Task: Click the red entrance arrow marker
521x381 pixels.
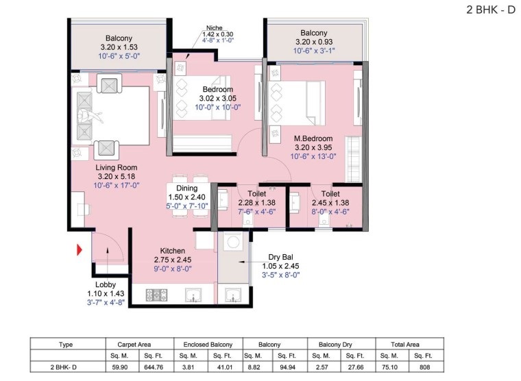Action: [x=79, y=250]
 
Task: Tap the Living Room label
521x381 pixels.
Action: [x=117, y=167]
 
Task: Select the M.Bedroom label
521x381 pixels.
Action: [x=313, y=138]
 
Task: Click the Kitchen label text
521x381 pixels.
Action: [x=173, y=251]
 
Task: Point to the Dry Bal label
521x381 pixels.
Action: [x=281, y=257]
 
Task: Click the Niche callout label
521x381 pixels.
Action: [x=215, y=28]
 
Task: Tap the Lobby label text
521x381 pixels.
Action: [x=106, y=284]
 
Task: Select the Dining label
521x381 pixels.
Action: [x=186, y=188]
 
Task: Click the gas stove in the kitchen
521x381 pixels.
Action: [x=157, y=295]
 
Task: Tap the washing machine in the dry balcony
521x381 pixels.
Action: [x=233, y=242]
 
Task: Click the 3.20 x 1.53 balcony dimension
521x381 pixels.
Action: [x=119, y=47]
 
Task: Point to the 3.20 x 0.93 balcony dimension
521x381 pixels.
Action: [x=314, y=42]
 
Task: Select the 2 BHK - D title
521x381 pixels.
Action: [x=491, y=10]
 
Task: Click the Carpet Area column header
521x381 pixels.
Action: [x=134, y=345]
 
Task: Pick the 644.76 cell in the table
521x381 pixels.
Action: [x=154, y=367]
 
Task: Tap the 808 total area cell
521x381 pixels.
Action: [x=424, y=367]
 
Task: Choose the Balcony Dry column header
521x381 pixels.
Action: [x=335, y=345]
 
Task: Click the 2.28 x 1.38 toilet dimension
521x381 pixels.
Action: [x=257, y=203]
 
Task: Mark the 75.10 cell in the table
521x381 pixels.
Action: [x=389, y=367]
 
